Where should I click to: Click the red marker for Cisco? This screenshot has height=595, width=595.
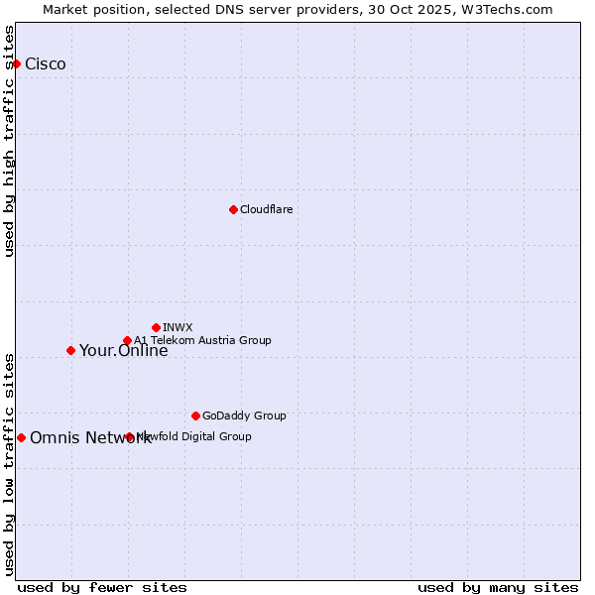pyautogui.click(x=16, y=63)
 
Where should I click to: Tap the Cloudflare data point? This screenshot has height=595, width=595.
pyautogui.click(x=233, y=209)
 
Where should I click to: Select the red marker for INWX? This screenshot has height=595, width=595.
pyautogui.click(x=156, y=327)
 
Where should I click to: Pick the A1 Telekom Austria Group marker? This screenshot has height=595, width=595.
pyautogui.click(x=127, y=341)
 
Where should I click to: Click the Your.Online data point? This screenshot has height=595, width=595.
pyautogui.click(x=70, y=350)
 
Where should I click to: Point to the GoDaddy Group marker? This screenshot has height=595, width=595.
pyautogui.click(x=195, y=416)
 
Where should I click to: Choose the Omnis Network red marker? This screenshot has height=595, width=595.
pyautogui.click(x=21, y=437)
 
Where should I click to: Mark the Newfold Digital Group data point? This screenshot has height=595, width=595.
pyautogui.click(x=129, y=436)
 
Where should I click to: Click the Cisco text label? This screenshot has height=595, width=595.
pyautogui.click(x=46, y=64)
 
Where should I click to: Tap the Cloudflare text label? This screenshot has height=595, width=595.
pyautogui.click(x=267, y=209)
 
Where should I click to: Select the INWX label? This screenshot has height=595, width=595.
pyautogui.click(x=178, y=327)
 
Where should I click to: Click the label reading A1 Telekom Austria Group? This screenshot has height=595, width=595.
pyautogui.click(x=203, y=340)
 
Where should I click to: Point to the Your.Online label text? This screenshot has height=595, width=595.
pyautogui.click(x=123, y=351)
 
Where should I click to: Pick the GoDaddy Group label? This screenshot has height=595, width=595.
pyautogui.click(x=244, y=416)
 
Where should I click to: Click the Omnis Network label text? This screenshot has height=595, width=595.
pyautogui.click(x=90, y=438)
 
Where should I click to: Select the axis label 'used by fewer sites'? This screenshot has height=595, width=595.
pyautogui.click(x=102, y=587)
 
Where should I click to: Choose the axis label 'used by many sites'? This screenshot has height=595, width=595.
pyautogui.click(x=498, y=587)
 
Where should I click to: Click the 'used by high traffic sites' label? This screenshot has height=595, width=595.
pyautogui.click(x=9, y=141)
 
